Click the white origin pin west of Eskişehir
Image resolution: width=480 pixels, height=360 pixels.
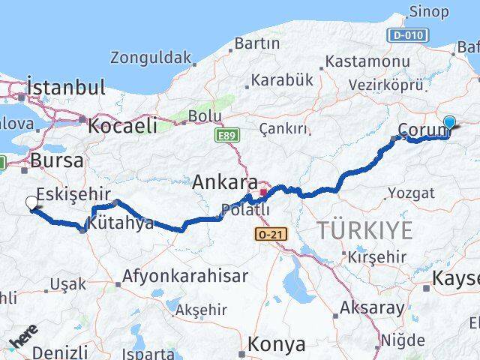[x=31, y=203]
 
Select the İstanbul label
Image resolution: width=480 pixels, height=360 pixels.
[x=65, y=87]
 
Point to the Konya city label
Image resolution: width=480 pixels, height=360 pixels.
[x=277, y=344]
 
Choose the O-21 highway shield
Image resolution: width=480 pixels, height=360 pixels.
[x=269, y=235]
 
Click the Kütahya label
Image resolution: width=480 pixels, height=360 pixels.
[x=121, y=223]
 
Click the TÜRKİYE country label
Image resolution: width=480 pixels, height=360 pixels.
[x=364, y=230]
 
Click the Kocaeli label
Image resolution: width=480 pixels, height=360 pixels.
[x=124, y=125]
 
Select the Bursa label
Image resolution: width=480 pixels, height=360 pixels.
[x=56, y=160]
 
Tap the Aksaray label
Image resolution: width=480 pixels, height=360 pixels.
[x=373, y=307]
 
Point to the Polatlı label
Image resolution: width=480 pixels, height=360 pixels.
[x=244, y=210]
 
